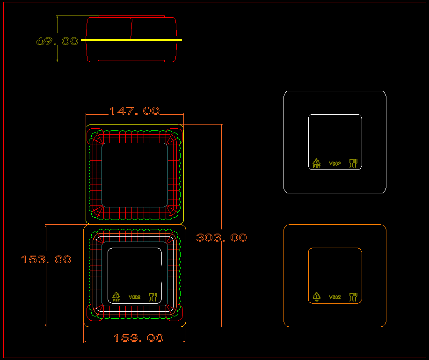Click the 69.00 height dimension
[x=57, y=41]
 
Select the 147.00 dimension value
[x=134, y=111]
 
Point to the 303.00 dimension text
[x=221, y=238]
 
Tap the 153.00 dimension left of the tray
[x=46, y=259]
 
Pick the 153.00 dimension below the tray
[x=138, y=338]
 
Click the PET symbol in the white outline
[x=317, y=163]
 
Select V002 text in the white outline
[x=334, y=163]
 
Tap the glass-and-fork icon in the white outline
[x=353, y=163]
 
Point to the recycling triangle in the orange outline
[x=317, y=297]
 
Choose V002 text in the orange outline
[x=334, y=297]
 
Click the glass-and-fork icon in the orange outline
[x=353, y=297]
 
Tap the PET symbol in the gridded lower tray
[x=116, y=297]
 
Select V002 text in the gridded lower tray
[x=134, y=297]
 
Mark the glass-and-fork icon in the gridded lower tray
[x=153, y=297]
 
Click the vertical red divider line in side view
[x=131, y=28]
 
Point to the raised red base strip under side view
[x=131, y=60]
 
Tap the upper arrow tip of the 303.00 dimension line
[x=221, y=125]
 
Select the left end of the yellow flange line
[x=82, y=40]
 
